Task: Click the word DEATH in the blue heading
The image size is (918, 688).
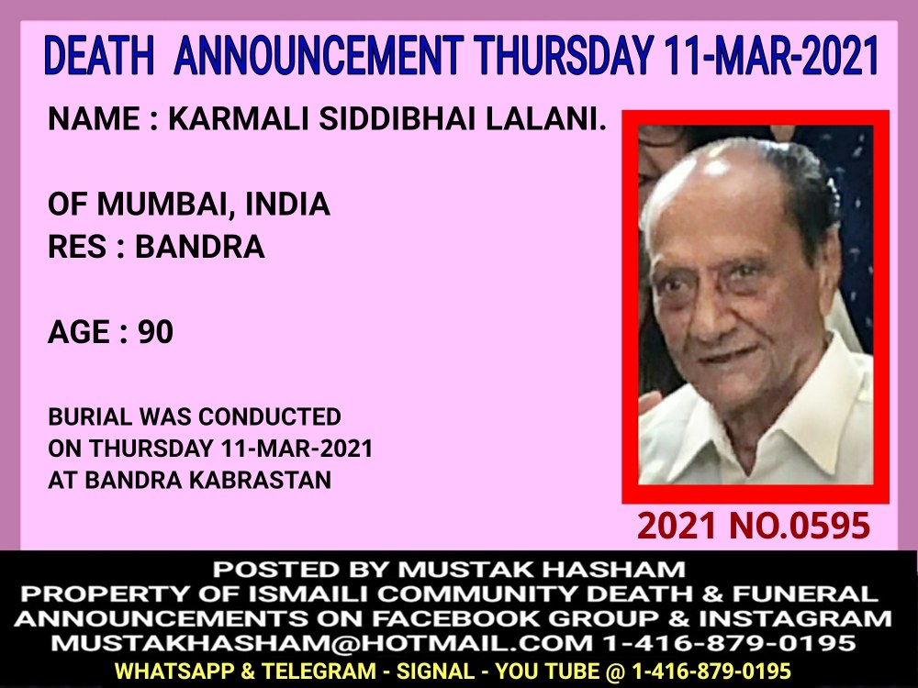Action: (99, 55)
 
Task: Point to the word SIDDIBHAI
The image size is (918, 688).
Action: (397, 118)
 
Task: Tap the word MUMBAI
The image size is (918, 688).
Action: (162, 205)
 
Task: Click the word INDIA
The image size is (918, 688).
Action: (287, 204)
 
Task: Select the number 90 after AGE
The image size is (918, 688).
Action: (156, 332)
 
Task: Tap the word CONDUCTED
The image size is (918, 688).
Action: (270, 416)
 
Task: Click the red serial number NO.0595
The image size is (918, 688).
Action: (800, 526)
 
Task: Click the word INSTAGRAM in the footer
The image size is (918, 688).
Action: (795, 618)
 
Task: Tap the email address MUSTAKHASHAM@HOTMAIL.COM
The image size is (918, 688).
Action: (321, 643)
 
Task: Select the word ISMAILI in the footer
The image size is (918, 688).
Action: (308, 594)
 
